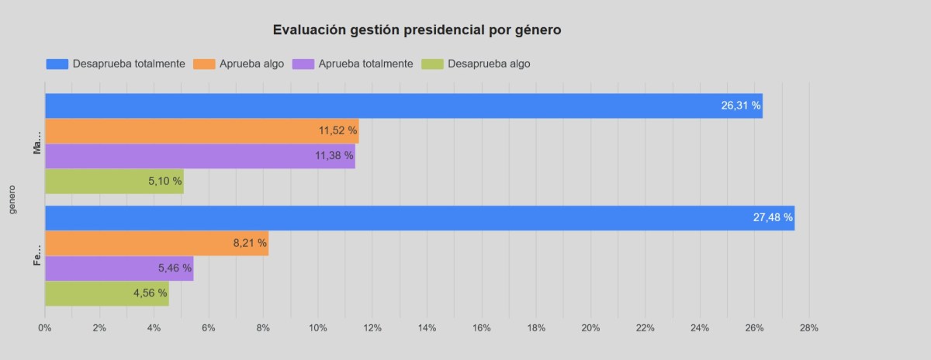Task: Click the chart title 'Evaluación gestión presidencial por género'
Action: tap(417, 30)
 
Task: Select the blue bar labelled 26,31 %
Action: tap(403, 106)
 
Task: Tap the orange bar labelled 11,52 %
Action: tap(202, 131)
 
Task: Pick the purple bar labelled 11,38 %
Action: tap(199, 156)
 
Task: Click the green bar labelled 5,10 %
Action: tap(114, 181)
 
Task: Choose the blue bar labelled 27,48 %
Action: tap(419, 218)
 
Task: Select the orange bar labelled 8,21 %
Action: tap(156, 243)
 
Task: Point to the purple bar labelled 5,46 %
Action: tap(119, 268)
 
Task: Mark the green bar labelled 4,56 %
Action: tap(106, 293)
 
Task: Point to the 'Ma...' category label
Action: tap(36, 144)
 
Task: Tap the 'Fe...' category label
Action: tap(36, 256)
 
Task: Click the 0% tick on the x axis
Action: tap(45, 328)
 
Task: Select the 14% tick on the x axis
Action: tap(427, 328)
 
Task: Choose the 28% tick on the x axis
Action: tap(808, 328)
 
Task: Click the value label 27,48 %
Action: tap(773, 218)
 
